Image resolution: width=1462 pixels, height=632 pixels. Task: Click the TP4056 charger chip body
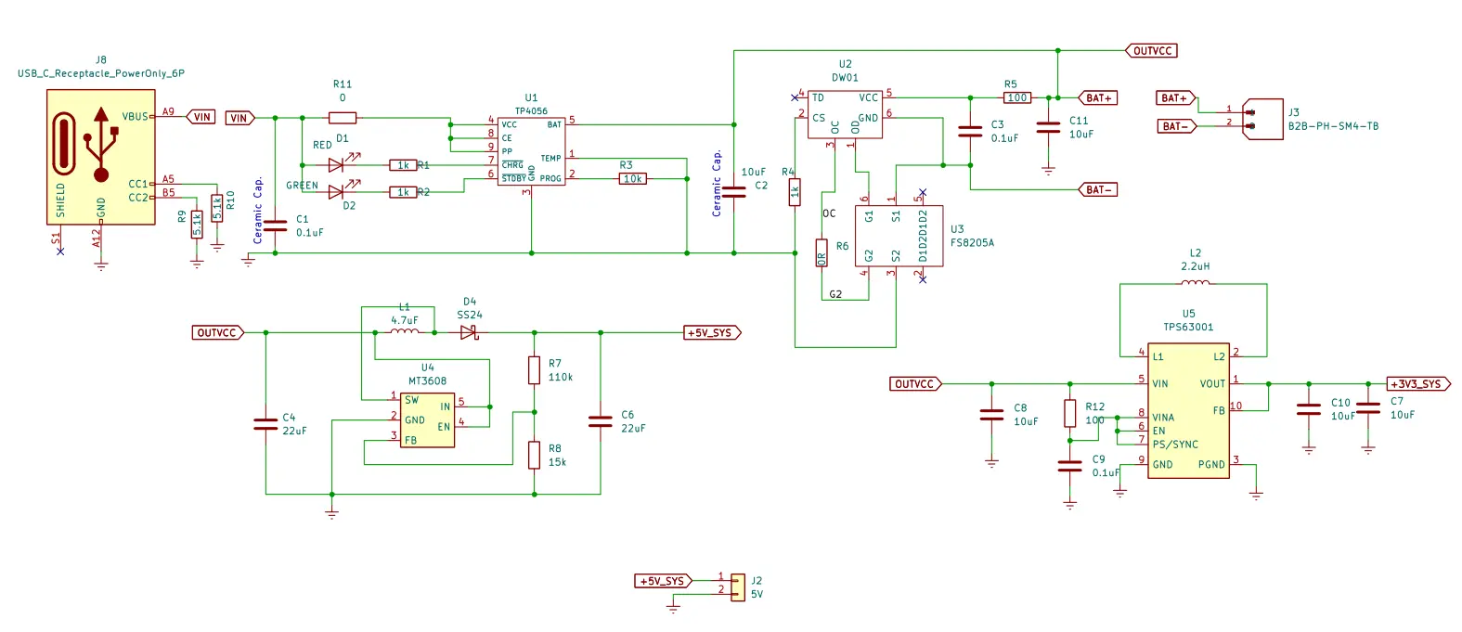coord(531,151)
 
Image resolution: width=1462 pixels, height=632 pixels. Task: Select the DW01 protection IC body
coord(845,114)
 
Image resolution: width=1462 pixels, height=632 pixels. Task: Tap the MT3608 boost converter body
coord(428,419)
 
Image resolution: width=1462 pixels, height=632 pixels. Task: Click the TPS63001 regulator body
coord(1188,410)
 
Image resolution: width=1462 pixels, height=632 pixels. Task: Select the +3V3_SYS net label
coord(1417,383)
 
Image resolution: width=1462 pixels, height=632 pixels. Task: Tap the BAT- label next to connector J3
coord(1175,126)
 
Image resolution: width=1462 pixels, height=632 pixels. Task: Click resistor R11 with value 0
coord(343,118)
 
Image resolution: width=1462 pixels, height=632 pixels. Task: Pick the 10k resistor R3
coord(633,178)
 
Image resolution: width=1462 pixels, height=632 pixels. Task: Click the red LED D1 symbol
coord(338,165)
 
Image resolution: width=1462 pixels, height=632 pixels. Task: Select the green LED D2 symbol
coord(338,192)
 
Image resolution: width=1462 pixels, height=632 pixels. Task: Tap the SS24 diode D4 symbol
coord(469,332)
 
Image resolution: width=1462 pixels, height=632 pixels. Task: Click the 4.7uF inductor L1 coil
coord(404,330)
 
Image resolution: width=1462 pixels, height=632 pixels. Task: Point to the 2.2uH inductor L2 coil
coord(1195,283)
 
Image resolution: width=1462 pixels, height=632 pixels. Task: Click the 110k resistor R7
coord(534,370)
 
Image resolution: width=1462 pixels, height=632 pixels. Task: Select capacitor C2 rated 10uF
coord(733,192)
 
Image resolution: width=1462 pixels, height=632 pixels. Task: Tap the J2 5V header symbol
coord(737,587)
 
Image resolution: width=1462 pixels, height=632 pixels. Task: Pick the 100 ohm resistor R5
coord(1017,97)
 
